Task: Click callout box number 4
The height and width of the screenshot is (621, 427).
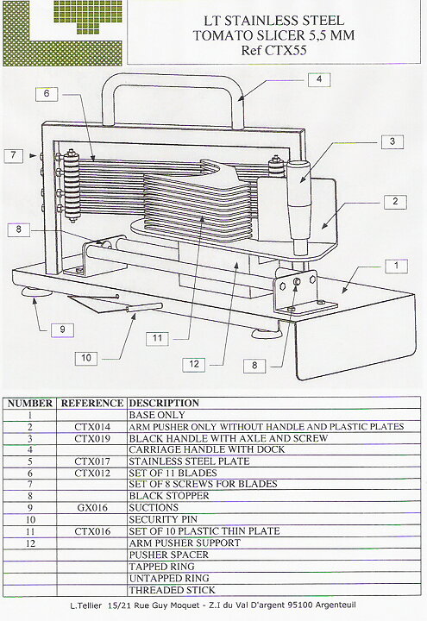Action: point(319,79)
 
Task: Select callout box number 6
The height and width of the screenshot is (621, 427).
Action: point(47,94)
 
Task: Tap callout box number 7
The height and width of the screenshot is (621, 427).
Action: point(14,155)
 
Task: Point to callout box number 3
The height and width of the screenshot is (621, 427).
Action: point(392,141)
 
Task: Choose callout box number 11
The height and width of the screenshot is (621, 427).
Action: point(157,339)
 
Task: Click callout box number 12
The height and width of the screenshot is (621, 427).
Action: point(194,364)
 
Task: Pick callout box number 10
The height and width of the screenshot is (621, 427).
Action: point(86,359)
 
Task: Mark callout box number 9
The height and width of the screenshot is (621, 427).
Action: point(63,329)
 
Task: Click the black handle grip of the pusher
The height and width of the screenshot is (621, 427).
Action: point(300,206)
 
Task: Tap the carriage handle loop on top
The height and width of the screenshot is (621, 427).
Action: point(173,78)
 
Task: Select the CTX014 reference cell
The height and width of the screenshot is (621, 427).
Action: point(92,427)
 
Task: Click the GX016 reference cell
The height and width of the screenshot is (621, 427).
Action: point(92,508)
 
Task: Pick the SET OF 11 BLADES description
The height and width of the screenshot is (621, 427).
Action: point(173,474)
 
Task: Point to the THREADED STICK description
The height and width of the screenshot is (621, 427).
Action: point(172,590)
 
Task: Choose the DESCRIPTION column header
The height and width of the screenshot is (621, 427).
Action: point(164,403)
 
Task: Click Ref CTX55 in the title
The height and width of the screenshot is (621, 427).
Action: point(273,51)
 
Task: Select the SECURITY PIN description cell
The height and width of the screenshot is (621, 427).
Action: point(163,519)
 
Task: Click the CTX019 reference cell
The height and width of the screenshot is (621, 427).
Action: point(92,438)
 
